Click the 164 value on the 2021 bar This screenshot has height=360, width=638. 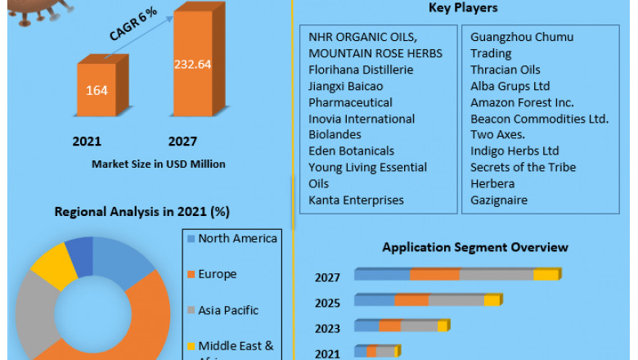point(97,90)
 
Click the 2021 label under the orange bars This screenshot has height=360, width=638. point(87,142)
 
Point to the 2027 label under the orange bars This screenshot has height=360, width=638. point(182,142)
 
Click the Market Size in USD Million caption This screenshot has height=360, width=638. point(158,164)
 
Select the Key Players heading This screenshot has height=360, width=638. point(463,8)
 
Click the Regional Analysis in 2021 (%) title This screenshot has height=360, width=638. point(142,212)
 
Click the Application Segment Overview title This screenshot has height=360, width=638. point(475,247)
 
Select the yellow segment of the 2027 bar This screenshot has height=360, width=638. point(546,275)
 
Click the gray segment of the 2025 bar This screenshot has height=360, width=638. point(456,300)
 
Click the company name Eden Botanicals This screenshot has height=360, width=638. point(351,151)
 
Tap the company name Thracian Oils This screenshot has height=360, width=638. point(505,70)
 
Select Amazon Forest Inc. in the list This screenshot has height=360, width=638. point(522,102)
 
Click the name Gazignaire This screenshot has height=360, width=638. point(499,200)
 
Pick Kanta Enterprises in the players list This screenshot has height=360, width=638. point(356,200)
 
